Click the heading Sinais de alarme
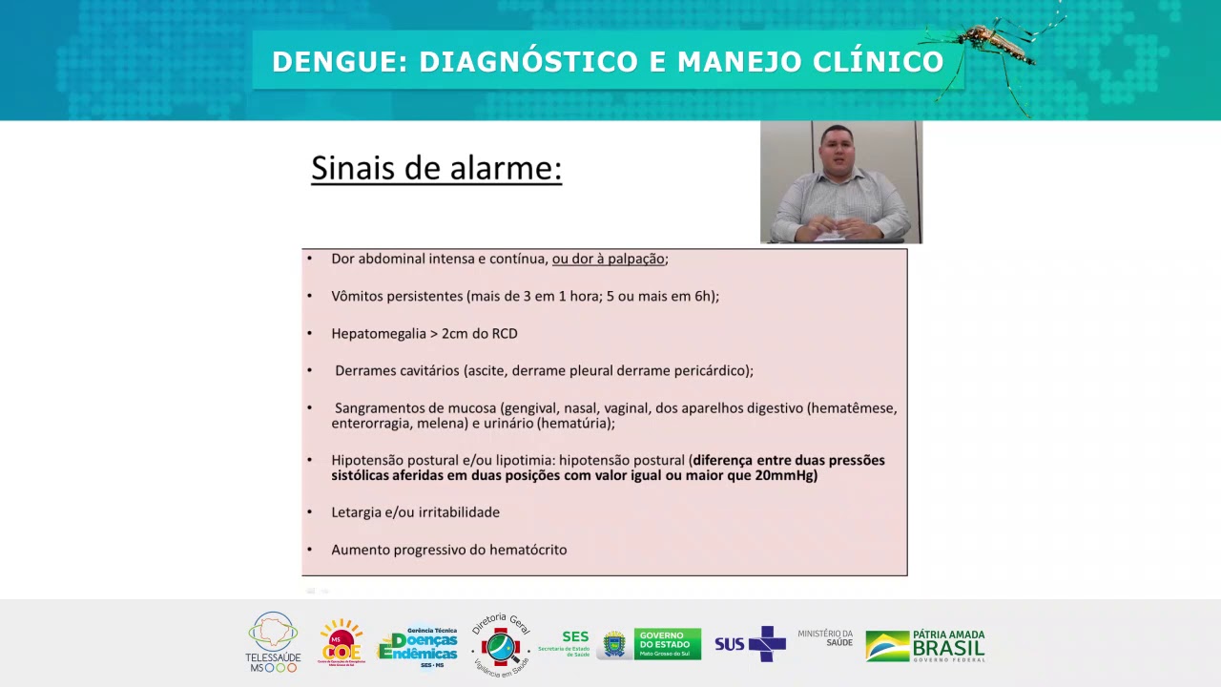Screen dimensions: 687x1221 point(436,169)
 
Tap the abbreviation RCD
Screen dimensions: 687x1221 point(505,333)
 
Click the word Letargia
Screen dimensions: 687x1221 point(357,512)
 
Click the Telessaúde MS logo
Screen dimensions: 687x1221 point(273,642)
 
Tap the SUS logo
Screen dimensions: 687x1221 point(750,644)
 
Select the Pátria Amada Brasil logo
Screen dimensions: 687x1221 point(925,645)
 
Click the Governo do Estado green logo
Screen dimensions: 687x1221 point(667,644)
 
